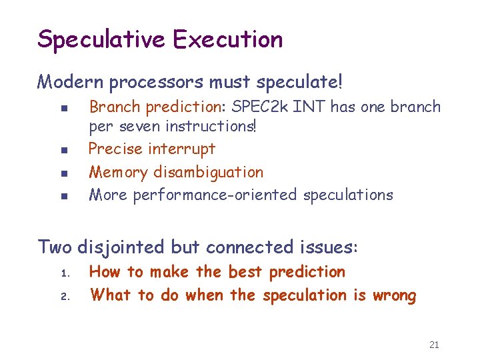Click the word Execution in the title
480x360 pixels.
pos(228,39)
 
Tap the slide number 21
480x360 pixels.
pos(434,345)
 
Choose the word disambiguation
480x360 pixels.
pos(208,172)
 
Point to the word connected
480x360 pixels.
pos(247,247)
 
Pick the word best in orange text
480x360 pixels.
pos(245,272)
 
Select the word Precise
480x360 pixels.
pos(113,149)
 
